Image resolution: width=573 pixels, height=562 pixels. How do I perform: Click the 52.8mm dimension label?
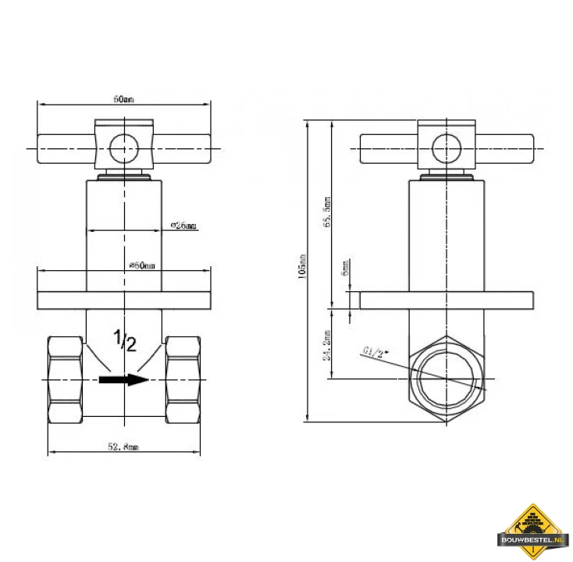(124, 446)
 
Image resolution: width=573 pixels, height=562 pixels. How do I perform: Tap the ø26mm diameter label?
(183, 226)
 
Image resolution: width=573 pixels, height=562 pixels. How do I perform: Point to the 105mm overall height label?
(303, 266)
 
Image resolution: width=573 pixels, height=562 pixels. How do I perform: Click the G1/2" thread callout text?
(375, 352)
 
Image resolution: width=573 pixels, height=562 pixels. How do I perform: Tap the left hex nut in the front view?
(66, 380)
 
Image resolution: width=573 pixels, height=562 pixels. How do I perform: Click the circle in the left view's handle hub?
(123, 148)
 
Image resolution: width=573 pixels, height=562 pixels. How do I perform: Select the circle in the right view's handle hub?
(446, 148)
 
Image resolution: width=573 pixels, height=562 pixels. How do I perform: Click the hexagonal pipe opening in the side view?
(446, 379)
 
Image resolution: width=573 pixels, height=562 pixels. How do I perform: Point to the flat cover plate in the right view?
(446, 301)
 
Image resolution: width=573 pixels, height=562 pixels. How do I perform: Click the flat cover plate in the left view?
(125, 301)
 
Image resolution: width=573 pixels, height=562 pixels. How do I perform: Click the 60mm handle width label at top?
(124, 99)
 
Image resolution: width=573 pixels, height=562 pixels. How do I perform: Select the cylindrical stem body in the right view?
(446, 234)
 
